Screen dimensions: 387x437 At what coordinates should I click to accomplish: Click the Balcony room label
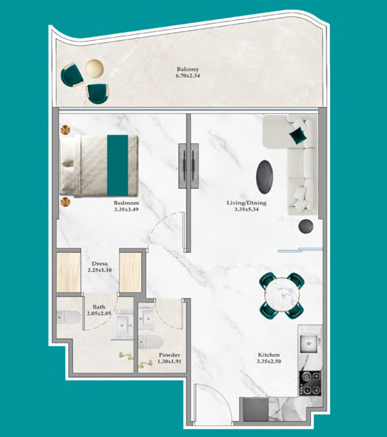coord(188,69)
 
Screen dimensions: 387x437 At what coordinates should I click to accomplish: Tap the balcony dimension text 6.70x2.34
coord(188,75)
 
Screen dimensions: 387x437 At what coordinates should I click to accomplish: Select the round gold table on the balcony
coord(95,68)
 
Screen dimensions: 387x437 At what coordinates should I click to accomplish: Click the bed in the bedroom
coord(99,166)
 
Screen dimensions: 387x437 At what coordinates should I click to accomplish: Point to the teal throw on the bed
coord(118,166)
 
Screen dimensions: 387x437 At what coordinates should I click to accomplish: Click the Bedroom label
coord(127,203)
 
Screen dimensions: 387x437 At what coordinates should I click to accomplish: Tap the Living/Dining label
coord(246,203)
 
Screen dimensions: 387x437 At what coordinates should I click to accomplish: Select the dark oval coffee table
coord(264,177)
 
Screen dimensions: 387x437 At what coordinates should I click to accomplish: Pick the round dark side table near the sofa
coord(306,226)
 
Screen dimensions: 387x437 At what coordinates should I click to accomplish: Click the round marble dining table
coord(282,295)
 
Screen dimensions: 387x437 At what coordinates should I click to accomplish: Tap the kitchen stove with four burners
coord(310,383)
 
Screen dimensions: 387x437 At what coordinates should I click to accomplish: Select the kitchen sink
coord(309,344)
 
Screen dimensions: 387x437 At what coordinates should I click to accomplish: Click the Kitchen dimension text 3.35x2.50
coord(269,361)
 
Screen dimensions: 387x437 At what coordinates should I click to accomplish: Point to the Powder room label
coord(169,355)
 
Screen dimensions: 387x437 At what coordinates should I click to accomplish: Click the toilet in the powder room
coord(150,342)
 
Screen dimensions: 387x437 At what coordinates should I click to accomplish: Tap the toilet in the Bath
coord(69,317)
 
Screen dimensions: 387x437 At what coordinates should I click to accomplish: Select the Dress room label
coord(100,263)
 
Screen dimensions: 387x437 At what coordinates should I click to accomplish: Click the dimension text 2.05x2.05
coord(99,314)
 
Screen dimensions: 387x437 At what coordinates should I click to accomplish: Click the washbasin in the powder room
coord(147,318)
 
